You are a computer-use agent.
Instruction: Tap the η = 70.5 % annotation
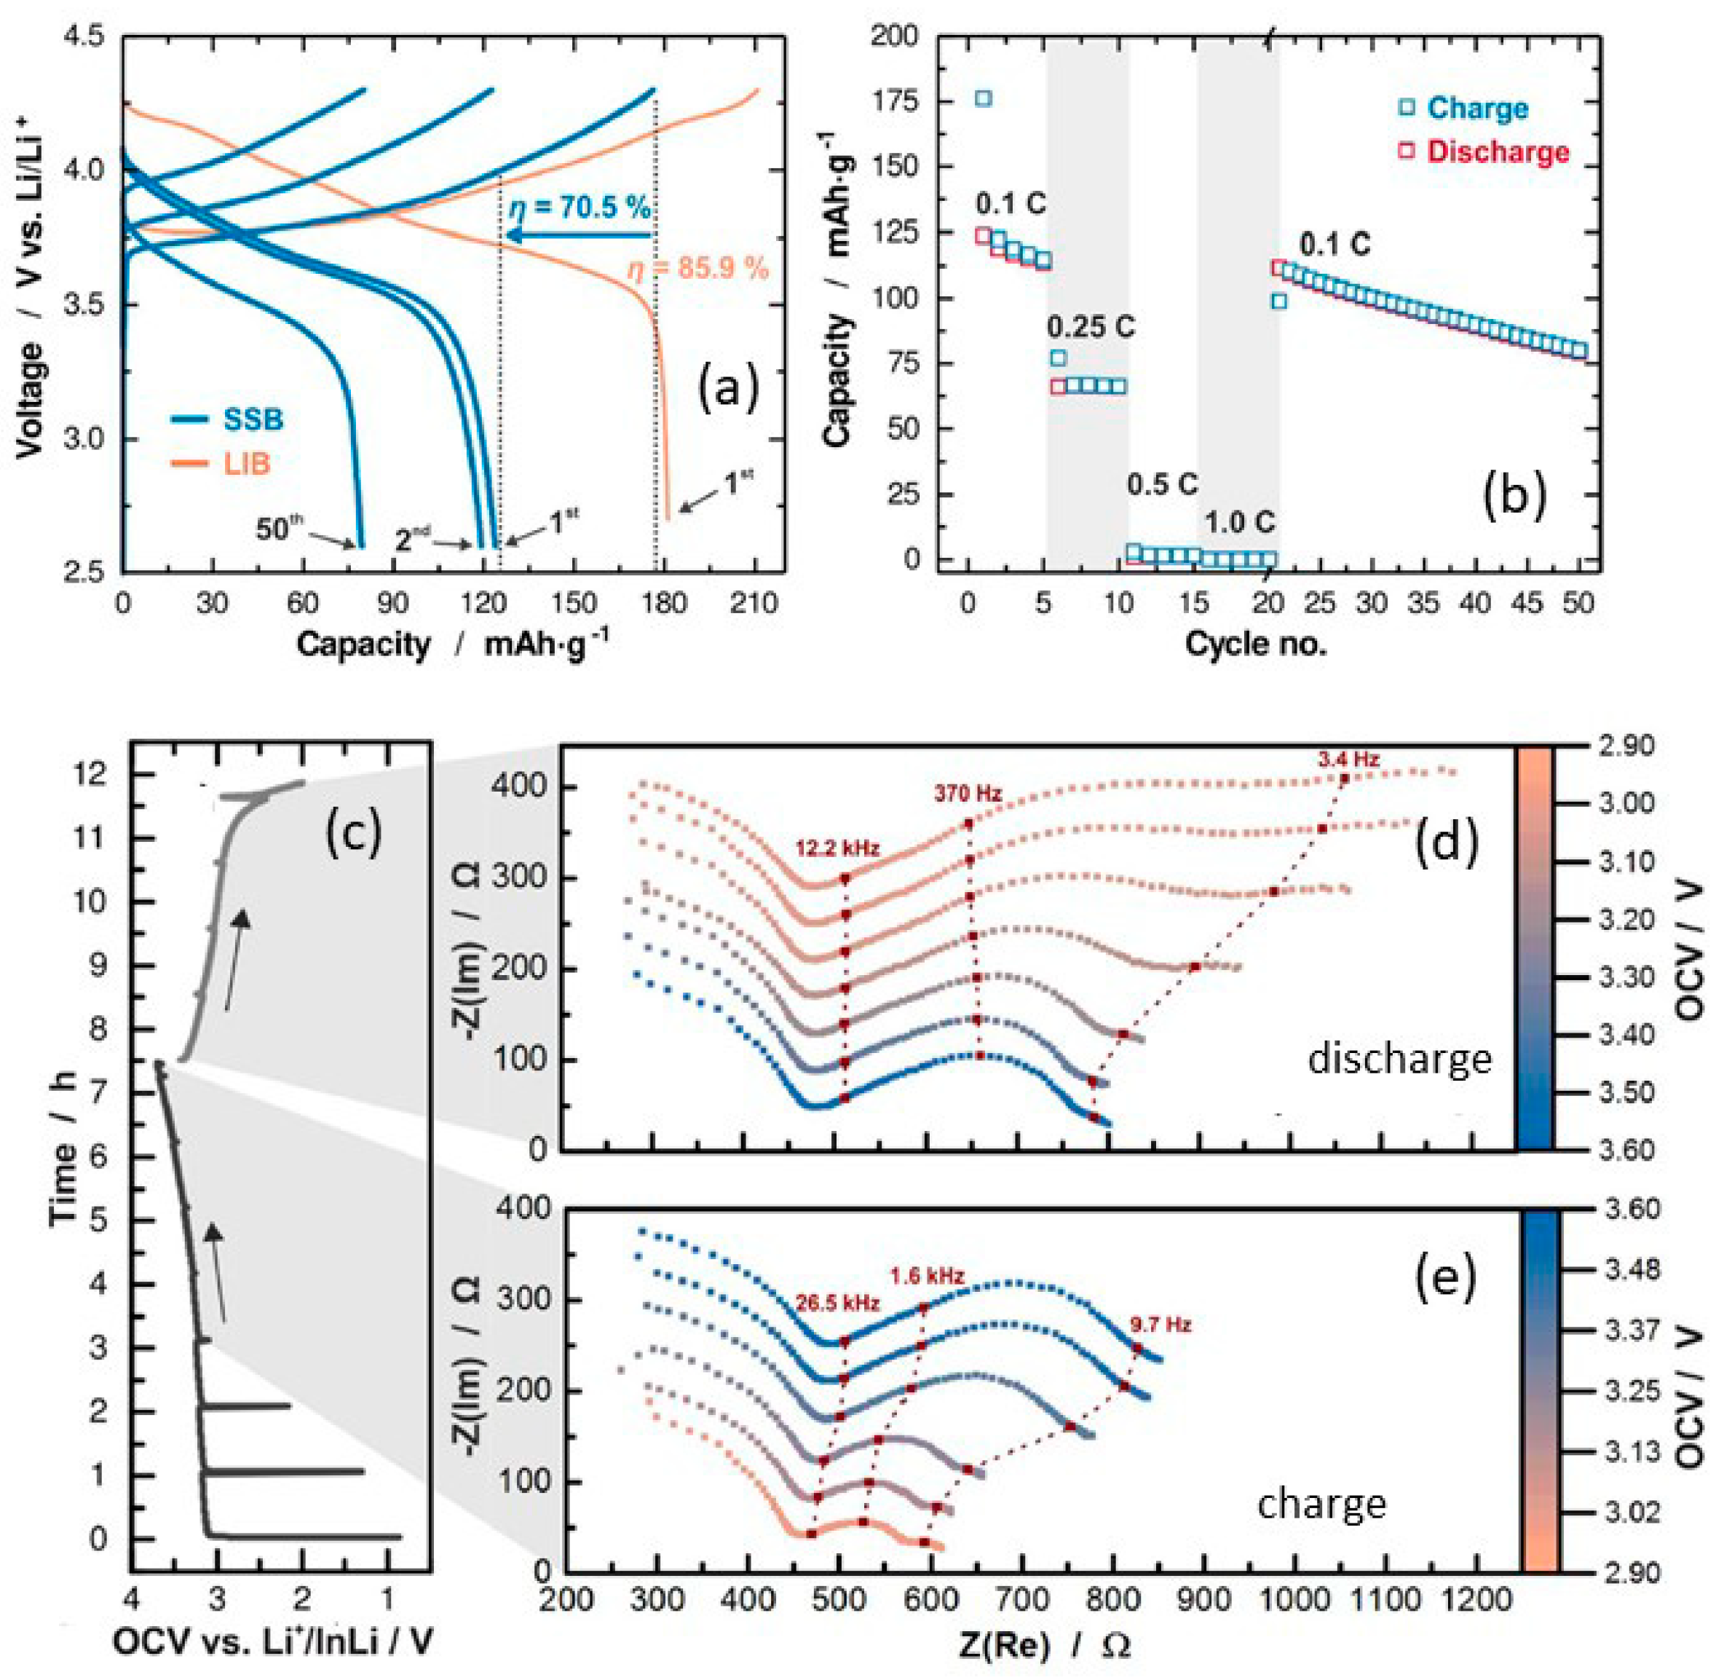click(580, 208)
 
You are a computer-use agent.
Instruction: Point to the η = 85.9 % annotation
click(698, 267)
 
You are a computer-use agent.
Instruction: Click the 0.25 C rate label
click(1091, 328)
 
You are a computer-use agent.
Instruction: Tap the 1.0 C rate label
click(1240, 522)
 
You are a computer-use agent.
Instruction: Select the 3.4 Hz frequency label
click(1348, 759)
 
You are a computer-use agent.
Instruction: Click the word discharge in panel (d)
click(1399, 1057)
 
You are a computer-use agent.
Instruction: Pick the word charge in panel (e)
click(1321, 1504)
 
